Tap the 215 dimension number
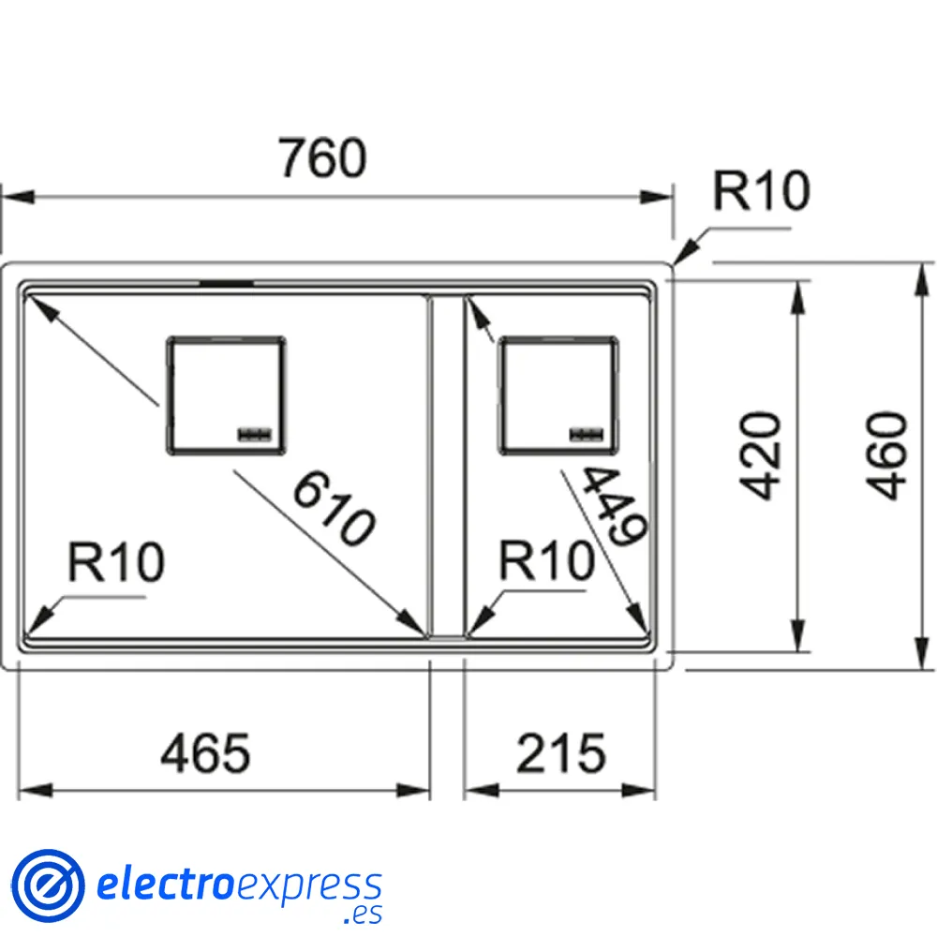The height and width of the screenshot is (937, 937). point(561,754)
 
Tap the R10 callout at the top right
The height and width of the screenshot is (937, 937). point(760,192)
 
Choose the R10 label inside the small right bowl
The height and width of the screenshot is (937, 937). point(547,562)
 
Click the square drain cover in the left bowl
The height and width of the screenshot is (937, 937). point(225,395)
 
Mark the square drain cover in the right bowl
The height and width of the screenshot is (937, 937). point(558,394)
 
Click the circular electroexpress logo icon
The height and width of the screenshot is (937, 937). point(47,885)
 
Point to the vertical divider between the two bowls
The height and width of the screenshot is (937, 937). point(445,468)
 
